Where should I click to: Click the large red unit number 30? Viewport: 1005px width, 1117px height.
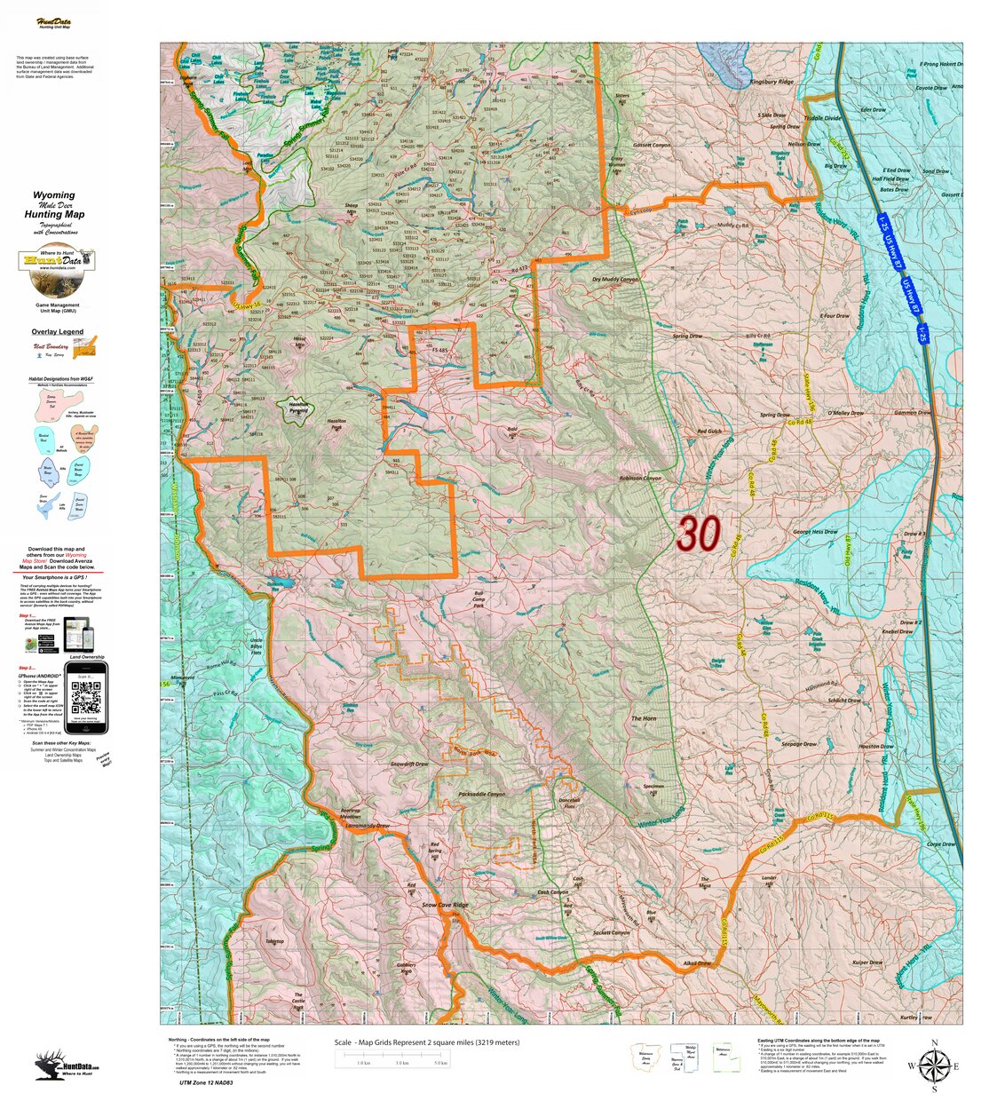pyautogui.click(x=698, y=535)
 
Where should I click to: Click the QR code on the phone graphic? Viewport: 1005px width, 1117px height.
pyautogui.click(x=86, y=701)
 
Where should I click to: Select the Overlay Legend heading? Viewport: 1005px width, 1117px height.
pyautogui.click(x=58, y=332)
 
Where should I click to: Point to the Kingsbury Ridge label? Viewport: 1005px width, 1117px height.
pyautogui.click(x=771, y=82)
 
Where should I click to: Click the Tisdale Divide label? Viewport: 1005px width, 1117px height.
pyautogui.click(x=822, y=118)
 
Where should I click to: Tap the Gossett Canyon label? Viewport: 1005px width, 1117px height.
pyautogui.click(x=652, y=145)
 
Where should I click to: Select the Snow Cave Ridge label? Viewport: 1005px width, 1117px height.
pyautogui.click(x=444, y=906)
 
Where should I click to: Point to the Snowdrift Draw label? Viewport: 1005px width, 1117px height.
pyautogui.click(x=409, y=764)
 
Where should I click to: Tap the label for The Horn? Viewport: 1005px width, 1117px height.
pyautogui.click(x=643, y=718)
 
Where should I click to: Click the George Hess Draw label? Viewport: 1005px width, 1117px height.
pyautogui.click(x=815, y=532)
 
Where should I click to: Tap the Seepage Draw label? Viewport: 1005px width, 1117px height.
pyautogui.click(x=797, y=744)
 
